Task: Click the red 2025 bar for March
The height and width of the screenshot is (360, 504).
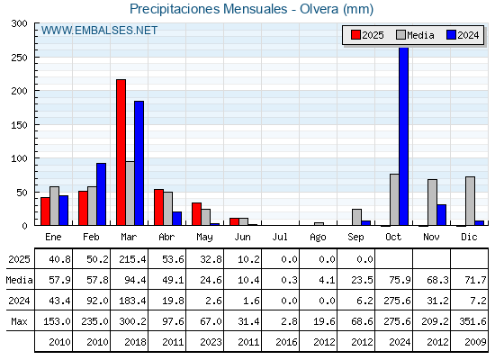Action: click(121, 152)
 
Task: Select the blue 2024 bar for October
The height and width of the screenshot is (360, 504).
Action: click(404, 136)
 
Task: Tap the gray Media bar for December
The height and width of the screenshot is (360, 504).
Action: click(470, 201)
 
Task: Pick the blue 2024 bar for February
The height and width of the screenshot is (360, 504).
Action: click(101, 194)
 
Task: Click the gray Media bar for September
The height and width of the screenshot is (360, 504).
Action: click(356, 217)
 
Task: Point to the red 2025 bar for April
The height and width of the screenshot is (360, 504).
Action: click(158, 207)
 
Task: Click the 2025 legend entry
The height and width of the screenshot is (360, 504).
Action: click(367, 35)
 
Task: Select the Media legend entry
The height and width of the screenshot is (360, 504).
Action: click(415, 35)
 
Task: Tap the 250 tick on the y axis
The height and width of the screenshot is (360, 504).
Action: click(19, 58)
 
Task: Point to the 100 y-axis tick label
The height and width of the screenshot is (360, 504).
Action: click(19, 158)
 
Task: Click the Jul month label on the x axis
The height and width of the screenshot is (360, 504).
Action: click(280, 237)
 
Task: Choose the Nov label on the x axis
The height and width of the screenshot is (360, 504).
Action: click(431, 237)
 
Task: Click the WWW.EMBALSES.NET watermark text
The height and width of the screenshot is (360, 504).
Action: click(99, 31)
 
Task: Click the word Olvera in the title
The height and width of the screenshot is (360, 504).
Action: click(319, 9)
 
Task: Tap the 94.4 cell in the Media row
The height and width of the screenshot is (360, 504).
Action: click(135, 280)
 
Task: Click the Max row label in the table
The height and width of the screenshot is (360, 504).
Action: click(19, 321)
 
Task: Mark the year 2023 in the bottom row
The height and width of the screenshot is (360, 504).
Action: click(211, 342)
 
